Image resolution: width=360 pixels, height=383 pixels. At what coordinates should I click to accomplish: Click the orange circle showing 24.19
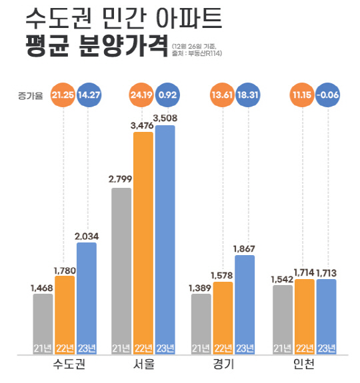(143, 96)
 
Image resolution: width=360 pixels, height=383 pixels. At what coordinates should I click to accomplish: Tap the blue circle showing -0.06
(327, 96)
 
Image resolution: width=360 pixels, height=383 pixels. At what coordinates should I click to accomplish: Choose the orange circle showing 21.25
(64, 96)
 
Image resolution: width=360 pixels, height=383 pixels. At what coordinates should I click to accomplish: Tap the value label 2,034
(87, 235)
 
